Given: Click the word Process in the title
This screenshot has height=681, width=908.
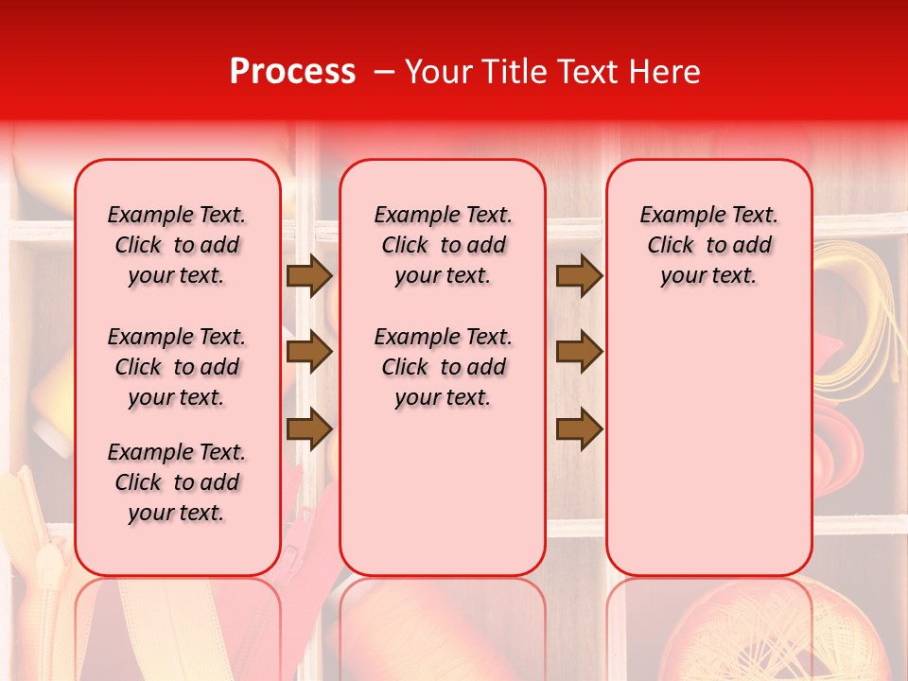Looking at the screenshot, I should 292,71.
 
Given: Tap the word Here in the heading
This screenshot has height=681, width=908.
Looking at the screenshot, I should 662,71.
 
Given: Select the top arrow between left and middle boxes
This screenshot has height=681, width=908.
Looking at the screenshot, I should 309,276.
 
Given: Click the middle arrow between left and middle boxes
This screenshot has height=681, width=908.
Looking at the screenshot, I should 309,353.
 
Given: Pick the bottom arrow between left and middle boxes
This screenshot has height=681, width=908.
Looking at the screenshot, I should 309,428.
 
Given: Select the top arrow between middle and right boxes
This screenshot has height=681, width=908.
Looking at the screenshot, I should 579,276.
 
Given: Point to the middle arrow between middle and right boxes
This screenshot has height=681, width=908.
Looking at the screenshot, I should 579,353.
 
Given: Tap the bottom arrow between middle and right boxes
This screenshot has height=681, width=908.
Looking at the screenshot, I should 579,428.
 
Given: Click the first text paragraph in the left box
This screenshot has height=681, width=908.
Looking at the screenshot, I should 177,245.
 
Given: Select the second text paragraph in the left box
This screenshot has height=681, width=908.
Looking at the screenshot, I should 177,367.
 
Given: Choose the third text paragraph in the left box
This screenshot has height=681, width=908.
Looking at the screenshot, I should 177,482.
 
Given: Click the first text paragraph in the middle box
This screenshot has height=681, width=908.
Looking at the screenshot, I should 443,245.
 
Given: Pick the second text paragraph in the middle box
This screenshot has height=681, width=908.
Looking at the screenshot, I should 443,367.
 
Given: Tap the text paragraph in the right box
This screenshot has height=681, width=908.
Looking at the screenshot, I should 708,245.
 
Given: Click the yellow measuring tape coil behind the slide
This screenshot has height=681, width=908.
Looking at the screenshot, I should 856,322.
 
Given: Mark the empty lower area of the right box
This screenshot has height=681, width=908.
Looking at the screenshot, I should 708,445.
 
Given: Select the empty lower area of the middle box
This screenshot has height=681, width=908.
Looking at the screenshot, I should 443,492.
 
